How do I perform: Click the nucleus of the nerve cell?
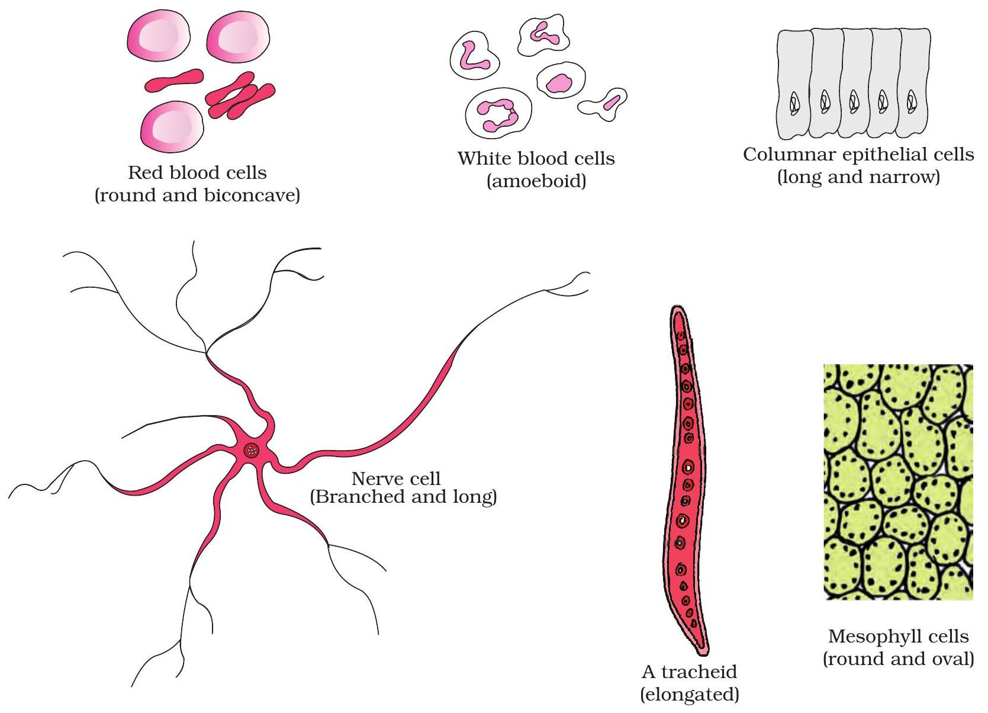(x=253, y=451)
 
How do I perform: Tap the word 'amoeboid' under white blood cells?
(x=536, y=181)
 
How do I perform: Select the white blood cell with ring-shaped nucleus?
(x=498, y=113)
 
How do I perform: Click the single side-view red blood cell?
(x=174, y=81)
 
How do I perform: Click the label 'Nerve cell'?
(x=396, y=478)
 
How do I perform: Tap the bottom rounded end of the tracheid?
(x=702, y=650)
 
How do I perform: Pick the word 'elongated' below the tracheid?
(x=690, y=694)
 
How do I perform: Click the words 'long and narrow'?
(x=858, y=177)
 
